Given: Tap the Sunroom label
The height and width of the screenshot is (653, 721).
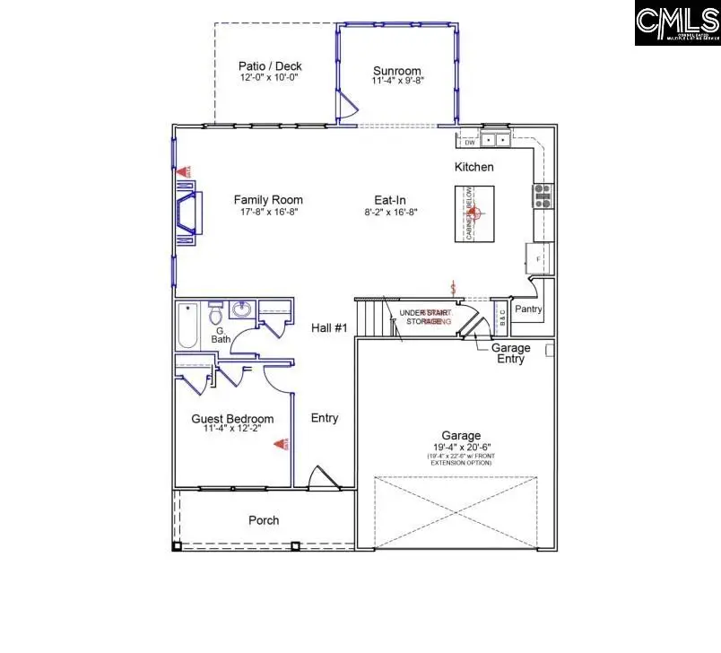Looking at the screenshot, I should click(396, 72).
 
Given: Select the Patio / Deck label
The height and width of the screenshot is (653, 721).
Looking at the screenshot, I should click(270, 65).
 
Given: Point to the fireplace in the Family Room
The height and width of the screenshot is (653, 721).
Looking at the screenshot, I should click(186, 213).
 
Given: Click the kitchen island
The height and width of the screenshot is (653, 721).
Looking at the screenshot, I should click(473, 213).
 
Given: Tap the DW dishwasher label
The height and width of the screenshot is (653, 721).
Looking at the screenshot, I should click(469, 142).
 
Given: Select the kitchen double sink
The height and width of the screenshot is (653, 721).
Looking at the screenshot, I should click(495, 140).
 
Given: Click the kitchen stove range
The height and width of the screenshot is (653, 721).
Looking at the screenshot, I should click(543, 196).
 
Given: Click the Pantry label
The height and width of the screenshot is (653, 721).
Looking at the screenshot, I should click(528, 309).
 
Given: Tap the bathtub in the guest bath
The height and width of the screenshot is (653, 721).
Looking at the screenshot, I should click(187, 326).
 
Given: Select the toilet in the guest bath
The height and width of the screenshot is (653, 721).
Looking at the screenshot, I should click(215, 316).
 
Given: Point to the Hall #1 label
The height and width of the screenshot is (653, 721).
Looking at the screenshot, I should click(328, 328).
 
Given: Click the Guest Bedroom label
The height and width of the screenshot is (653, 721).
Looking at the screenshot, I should click(232, 419).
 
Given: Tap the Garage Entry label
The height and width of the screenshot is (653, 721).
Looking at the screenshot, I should click(510, 353).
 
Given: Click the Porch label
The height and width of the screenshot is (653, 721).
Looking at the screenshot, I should click(264, 520).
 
